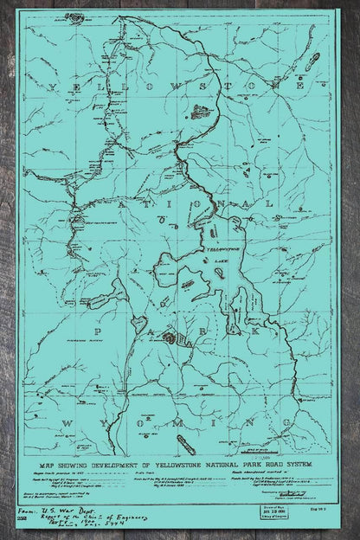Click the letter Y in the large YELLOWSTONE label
(x=55, y=87)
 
